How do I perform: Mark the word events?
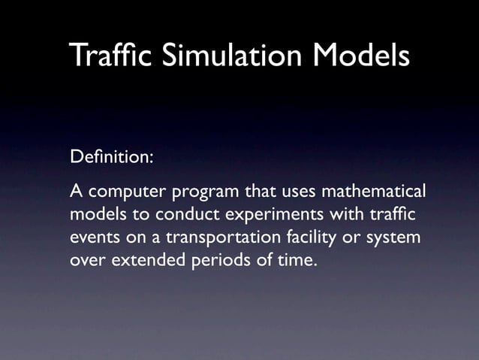click(x=93, y=239)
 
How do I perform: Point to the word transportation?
click(x=220, y=240)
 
